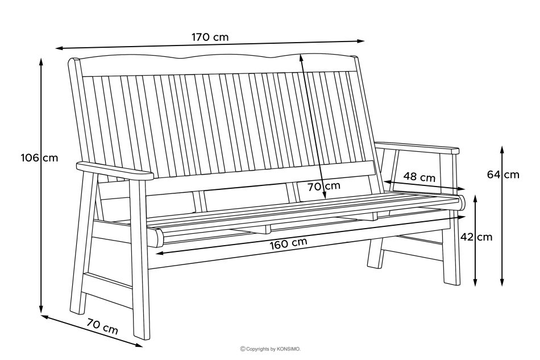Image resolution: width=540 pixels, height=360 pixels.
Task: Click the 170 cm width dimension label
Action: coord(210,37)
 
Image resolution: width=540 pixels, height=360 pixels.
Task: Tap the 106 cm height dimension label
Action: coord(40,158)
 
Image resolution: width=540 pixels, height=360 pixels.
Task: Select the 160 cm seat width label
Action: coord(288,243)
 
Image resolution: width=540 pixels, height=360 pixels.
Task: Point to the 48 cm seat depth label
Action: coord(419,177)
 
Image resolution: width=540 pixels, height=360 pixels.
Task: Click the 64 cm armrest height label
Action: coord(503,175)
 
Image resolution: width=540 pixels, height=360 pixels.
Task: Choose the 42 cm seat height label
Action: coord(476,237)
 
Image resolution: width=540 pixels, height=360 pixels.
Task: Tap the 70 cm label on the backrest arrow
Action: coord(324,187)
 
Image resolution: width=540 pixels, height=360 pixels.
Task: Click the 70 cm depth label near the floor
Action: coord(102,326)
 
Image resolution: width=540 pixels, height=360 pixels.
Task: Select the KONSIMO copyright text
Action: coord(271,349)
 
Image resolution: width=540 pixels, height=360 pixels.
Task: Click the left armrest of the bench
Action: coord(115,171)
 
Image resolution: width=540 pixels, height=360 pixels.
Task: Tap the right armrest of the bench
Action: coord(417,147)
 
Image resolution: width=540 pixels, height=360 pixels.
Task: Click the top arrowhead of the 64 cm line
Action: coord(502,150)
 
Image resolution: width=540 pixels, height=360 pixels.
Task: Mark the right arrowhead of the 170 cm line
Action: coord(360,41)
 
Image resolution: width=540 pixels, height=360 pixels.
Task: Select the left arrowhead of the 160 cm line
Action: coord(160,254)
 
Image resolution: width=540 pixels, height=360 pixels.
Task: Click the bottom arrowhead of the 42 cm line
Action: coord(476,282)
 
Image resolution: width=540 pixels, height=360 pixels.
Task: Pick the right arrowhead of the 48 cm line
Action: coord(461,189)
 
